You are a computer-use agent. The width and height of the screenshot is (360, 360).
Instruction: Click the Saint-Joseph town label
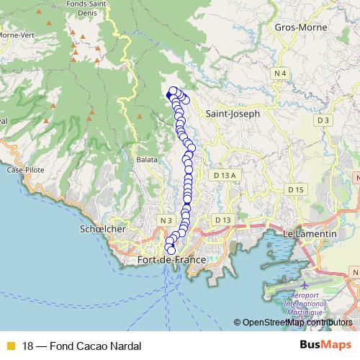pos(232,114)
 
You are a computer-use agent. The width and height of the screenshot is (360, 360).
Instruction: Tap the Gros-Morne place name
pos(296,27)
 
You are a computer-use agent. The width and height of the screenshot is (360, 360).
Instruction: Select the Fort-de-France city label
pos(171,259)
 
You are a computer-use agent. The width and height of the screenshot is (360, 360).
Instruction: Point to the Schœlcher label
pos(102,229)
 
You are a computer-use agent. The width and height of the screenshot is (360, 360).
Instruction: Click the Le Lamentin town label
pos(310,234)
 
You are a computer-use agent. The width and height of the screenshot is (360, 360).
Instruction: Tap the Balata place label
pos(148,160)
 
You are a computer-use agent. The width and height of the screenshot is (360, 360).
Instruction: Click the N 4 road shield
pos(280,73)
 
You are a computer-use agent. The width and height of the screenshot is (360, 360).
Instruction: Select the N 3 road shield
pos(166,220)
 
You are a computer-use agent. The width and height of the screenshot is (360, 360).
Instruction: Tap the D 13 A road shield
pos(225,175)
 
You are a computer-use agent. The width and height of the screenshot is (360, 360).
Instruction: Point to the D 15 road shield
pos(296,189)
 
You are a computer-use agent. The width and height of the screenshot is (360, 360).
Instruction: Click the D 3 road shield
pos(322,120)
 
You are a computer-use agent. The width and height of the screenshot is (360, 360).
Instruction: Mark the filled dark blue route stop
pos(170,95)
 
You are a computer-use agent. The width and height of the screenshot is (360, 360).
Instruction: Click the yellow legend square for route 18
pos(10,346)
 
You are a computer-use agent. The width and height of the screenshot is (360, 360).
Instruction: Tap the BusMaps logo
pos(325,345)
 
